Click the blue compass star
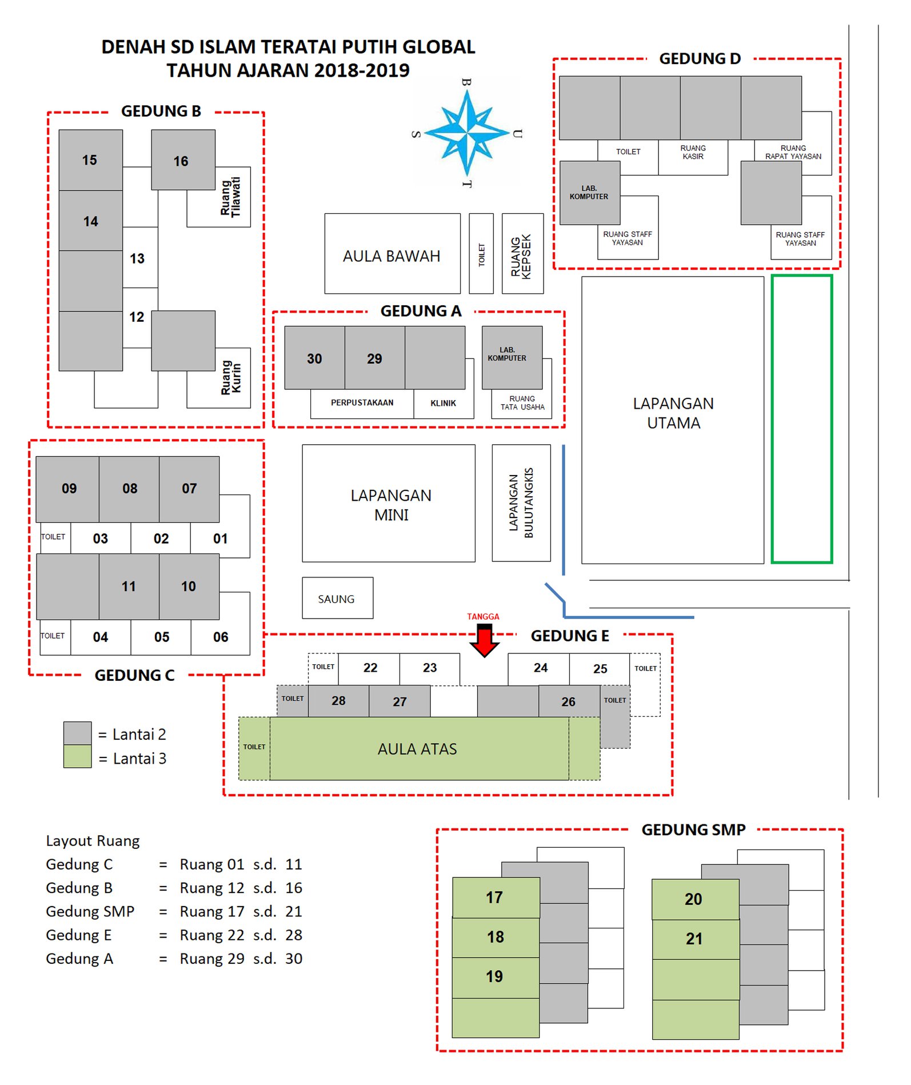tap(467, 133)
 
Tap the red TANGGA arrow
tap(484, 640)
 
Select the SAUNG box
tap(337, 598)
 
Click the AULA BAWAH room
tap(392, 254)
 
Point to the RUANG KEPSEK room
tap(522, 254)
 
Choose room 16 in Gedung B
tap(183, 160)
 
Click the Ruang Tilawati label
tap(231, 197)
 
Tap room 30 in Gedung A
tap(314, 358)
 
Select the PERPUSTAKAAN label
tap(362, 402)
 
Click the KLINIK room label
tap(443, 403)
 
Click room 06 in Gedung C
tap(220, 637)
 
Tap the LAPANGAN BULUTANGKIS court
tap(521, 503)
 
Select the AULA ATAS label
tap(417, 749)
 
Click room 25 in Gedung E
tap(600, 669)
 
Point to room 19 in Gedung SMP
tap(496, 977)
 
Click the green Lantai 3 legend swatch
tap(77, 756)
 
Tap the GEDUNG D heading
tap(700, 58)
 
